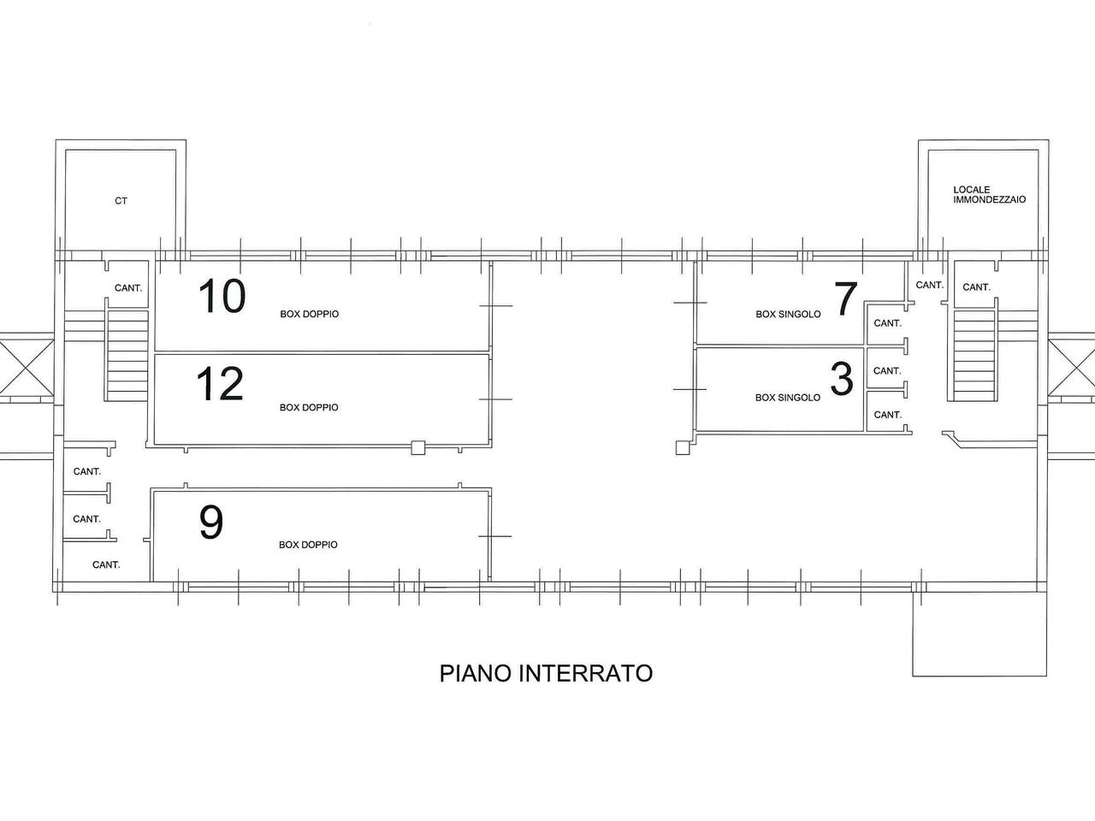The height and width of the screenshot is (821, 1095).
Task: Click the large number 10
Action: point(222,297)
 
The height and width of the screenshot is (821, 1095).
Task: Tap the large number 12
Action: point(220,385)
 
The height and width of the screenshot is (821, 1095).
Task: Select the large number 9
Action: point(211,523)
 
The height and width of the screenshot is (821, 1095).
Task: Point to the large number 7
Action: point(844,299)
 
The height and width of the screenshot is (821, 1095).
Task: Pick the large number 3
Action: point(842,380)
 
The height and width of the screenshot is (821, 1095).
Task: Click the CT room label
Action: point(121,201)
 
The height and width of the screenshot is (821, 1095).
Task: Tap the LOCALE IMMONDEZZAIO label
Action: point(989,195)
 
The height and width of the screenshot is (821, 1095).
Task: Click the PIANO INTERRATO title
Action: point(546,673)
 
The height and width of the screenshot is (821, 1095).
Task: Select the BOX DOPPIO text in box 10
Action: point(309,314)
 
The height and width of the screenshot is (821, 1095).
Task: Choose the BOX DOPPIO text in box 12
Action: point(309,407)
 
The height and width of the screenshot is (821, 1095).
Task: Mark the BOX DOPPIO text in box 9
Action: point(308,545)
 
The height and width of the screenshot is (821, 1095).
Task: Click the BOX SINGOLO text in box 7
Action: point(788,314)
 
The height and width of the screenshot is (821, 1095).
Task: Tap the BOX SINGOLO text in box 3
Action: point(788,398)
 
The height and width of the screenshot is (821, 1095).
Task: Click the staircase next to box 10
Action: point(127,355)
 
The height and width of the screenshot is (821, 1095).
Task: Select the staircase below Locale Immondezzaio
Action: point(974,355)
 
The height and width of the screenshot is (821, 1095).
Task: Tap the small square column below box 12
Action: point(417,447)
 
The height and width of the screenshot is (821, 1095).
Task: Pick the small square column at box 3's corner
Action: point(682,447)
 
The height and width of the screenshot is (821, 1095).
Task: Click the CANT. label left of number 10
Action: point(128,288)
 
